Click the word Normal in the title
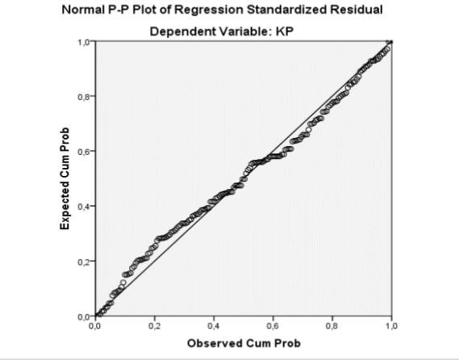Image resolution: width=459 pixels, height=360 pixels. pyautogui.click(x=81, y=10)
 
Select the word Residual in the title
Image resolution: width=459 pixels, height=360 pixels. pyautogui.click(x=357, y=10)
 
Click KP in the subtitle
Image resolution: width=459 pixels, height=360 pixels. pyautogui.click(x=284, y=31)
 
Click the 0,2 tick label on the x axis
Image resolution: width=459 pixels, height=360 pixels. pyautogui.click(x=154, y=326)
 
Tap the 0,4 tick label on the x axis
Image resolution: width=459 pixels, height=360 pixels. pyautogui.click(x=214, y=326)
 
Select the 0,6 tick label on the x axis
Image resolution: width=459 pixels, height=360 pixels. pyautogui.click(x=273, y=326)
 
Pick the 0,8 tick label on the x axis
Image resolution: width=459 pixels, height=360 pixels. pyautogui.click(x=332, y=326)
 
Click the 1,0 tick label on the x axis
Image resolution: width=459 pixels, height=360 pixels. pyautogui.click(x=391, y=326)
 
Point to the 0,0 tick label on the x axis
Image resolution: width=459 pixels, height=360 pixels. pyautogui.click(x=95, y=326)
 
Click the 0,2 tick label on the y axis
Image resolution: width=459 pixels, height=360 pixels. pyautogui.click(x=83, y=262)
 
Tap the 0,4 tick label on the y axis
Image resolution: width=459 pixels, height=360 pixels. pyautogui.click(x=83, y=207)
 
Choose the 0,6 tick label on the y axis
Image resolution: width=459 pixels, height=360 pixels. pyautogui.click(x=83, y=152)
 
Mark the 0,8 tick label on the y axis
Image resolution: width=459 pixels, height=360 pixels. pyautogui.click(x=83, y=97)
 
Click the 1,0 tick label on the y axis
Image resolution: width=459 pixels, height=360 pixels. pyautogui.click(x=83, y=42)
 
